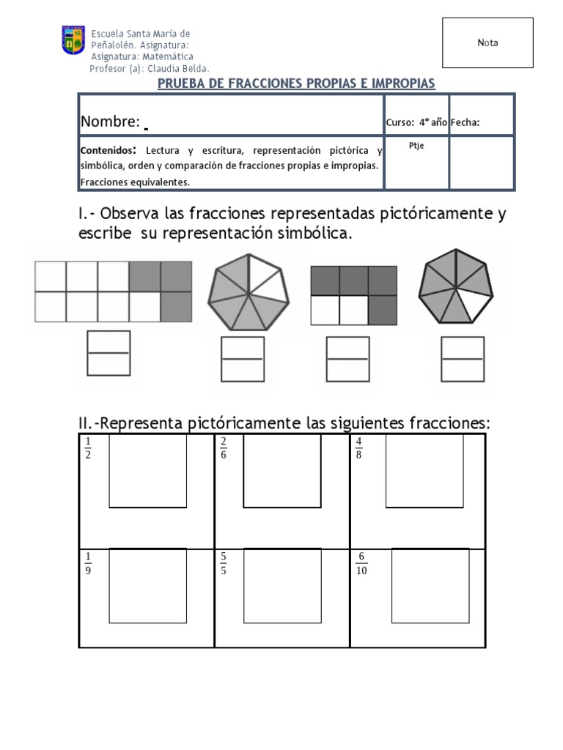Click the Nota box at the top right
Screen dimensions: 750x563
point(487,43)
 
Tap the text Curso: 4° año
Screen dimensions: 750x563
point(416,122)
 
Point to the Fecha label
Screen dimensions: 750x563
point(466,122)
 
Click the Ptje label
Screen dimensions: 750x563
point(416,146)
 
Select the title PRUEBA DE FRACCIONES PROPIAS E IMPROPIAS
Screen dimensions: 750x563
point(297,83)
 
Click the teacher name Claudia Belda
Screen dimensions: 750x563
point(180,68)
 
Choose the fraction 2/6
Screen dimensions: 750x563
point(223,448)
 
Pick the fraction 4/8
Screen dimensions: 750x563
point(359,448)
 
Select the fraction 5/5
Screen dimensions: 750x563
point(223,565)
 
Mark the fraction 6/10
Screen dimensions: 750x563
point(361,565)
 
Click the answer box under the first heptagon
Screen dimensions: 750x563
point(243,359)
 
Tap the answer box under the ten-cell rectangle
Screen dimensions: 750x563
point(108,353)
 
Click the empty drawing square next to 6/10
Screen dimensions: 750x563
point(430,584)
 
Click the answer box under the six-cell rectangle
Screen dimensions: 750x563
point(347,359)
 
